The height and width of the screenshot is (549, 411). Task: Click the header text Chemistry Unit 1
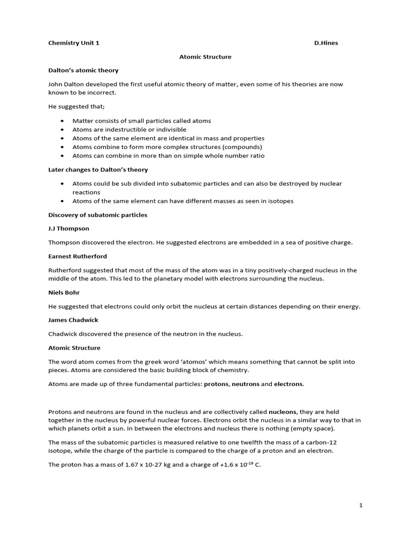tap(74, 43)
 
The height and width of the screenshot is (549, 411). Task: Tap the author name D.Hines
tap(326, 43)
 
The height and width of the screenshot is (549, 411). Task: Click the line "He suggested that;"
tap(77, 107)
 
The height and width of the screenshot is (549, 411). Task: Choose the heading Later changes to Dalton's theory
tap(98, 169)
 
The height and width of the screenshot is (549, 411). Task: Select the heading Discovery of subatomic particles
tap(97, 215)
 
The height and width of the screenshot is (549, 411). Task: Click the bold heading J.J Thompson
tap(68, 228)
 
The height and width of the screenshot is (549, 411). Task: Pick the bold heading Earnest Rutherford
tap(78, 256)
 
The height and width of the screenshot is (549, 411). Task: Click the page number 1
tap(361, 505)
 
